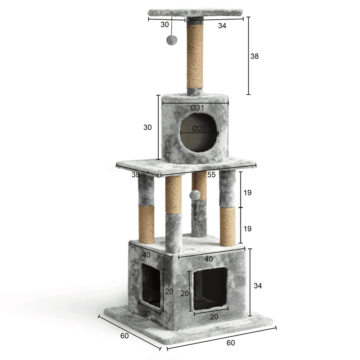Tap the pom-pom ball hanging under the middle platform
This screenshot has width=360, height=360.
tap(195, 195)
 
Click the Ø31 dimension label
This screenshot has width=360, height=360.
tap(197, 107)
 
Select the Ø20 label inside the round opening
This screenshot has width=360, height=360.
tap(199, 129)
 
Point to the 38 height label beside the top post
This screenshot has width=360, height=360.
tap(255, 56)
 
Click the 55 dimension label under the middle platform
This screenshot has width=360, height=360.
tap(211, 175)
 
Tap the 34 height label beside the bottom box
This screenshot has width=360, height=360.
tap(258, 285)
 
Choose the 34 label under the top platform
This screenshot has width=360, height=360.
tap(222, 26)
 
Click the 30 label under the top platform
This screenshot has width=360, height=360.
tap(165, 24)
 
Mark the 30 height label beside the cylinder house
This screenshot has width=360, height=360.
tap(147, 127)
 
